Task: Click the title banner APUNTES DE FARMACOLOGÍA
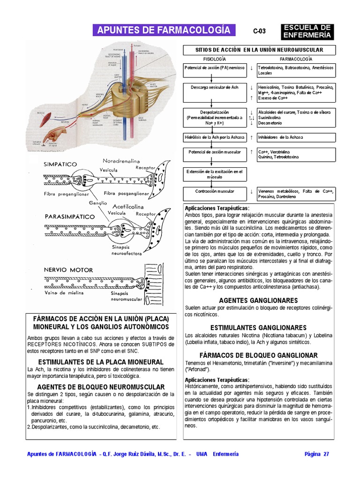pyautogui.click(x=164, y=30)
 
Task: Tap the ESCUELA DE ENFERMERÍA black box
pyautogui.click(x=307, y=31)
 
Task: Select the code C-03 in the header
pyautogui.click(x=259, y=31)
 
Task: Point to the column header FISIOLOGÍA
pyautogui.click(x=214, y=60)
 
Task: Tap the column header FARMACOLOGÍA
pyautogui.click(x=296, y=60)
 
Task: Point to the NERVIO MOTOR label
pyautogui.click(x=68, y=270)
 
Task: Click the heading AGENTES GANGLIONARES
pyautogui.click(x=258, y=300)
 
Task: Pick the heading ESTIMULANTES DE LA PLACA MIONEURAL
pyautogui.click(x=101, y=362)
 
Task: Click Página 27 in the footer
pyautogui.click(x=317, y=454)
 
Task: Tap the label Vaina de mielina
pyautogui.click(x=64, y=293)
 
